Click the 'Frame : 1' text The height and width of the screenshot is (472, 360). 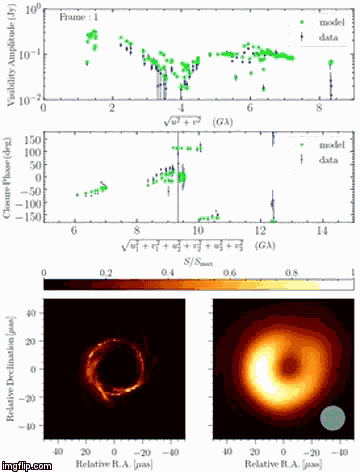click(x=80, y=18)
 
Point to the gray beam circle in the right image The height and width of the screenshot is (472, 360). click(x=333, y=419)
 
